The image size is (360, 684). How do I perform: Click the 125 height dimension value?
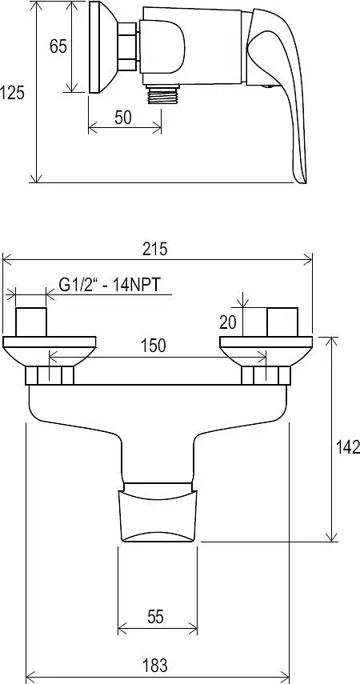pos(12,93)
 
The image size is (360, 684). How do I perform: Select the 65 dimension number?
pos(58,46)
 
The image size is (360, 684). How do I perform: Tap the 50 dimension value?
pos(123,118)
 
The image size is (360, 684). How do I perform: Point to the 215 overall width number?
pos(155,250)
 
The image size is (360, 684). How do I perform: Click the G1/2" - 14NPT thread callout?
pos(110,285)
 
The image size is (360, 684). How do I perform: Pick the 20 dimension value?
pos(228,322)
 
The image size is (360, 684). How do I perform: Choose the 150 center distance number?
pos(154,346)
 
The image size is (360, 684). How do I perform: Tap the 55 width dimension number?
pos(155,617)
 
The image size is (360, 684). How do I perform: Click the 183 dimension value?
pos(155,666)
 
